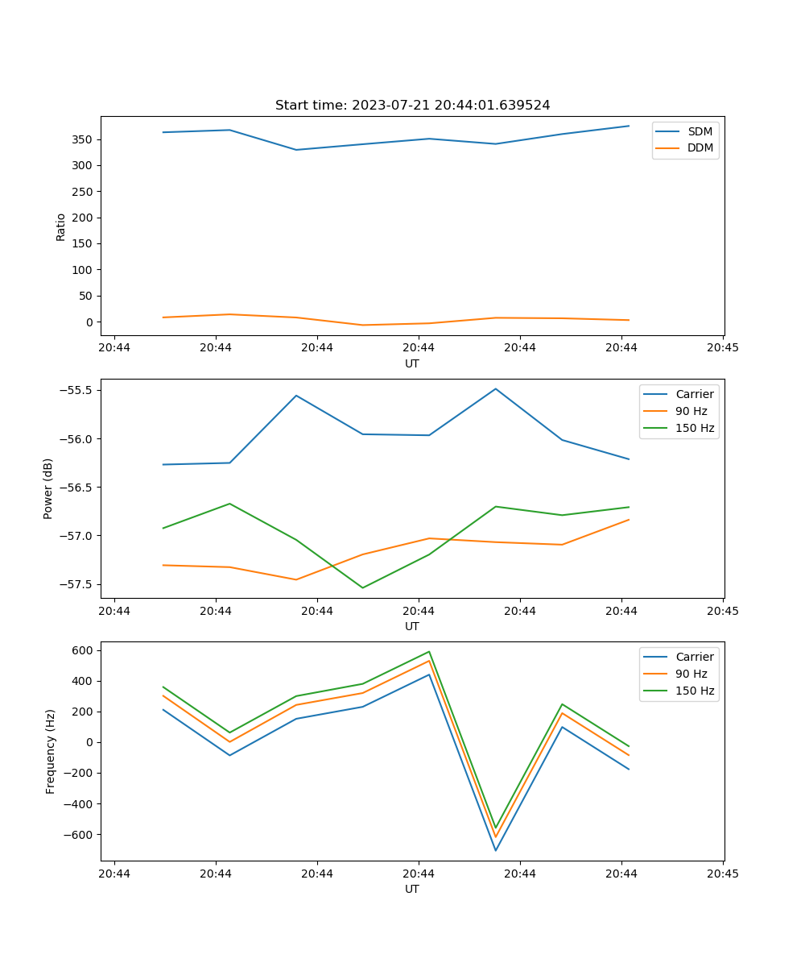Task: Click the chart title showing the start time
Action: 412,106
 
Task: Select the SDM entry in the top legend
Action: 700,131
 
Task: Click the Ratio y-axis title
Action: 61,226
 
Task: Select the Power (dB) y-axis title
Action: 48,488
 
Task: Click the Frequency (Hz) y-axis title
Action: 50,751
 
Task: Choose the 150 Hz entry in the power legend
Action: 695,428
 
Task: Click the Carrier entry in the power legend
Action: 694,394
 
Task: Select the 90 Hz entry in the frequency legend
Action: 691,674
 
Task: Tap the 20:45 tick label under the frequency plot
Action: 722,873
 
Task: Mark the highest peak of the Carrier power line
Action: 495,388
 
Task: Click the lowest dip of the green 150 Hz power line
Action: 362,587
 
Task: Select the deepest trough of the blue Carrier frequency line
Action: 495,850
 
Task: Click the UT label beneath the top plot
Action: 412,363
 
